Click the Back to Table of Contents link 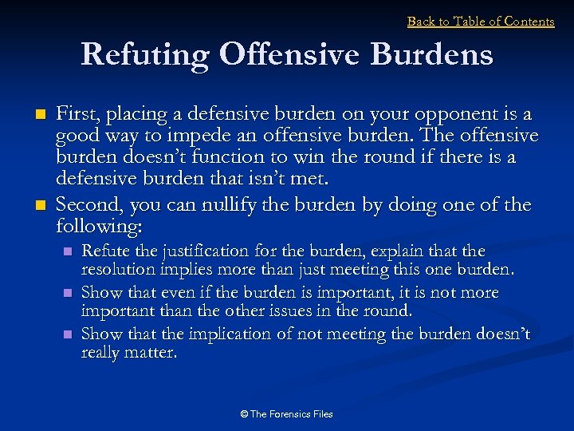[x=481, y=22]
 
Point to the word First [x=77, y=115]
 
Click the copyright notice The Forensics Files [x=286, y=414]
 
